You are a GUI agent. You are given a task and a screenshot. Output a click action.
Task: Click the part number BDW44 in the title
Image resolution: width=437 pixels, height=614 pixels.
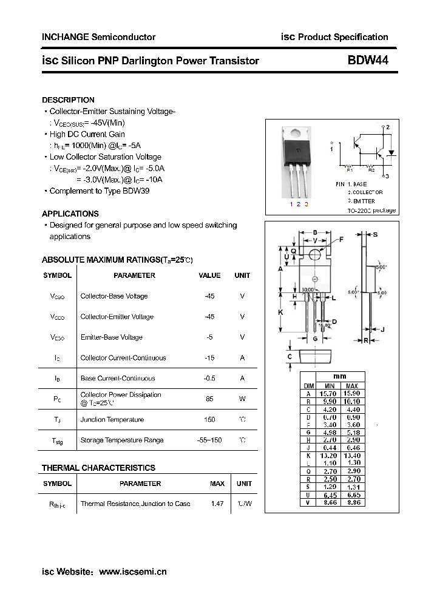[368, 60]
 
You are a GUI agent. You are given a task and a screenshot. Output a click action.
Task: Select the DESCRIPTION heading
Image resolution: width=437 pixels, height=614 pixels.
[68, 100]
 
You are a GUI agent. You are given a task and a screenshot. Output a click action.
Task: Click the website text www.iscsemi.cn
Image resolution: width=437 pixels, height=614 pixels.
[132, 572]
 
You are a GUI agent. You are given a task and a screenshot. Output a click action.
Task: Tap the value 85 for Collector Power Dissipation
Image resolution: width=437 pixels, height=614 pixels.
[209, 399]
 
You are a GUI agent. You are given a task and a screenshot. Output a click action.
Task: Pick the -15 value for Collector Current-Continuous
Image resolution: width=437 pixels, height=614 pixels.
[209, 358]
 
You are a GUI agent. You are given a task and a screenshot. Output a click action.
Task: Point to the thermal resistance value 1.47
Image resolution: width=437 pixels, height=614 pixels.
[217, 504]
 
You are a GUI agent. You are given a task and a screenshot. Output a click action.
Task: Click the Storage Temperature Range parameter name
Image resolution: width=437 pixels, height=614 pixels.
[113, 440]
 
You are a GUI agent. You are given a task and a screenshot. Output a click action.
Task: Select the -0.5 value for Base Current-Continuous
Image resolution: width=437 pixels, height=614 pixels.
[209, 378]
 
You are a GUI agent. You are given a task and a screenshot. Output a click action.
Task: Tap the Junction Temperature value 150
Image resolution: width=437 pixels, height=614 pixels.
[209, 419]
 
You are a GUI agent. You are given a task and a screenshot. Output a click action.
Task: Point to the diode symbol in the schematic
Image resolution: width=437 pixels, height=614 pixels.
[391, 152]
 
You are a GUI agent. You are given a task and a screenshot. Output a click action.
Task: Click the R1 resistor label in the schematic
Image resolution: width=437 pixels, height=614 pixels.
[350, 170]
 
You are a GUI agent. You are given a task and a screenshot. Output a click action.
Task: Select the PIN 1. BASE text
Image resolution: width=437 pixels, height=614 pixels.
[351, 184]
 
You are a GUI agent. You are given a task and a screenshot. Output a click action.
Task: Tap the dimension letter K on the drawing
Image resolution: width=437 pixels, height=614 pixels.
[280, 312]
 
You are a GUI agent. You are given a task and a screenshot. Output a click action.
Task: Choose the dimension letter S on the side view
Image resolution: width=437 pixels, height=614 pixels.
[375, 234]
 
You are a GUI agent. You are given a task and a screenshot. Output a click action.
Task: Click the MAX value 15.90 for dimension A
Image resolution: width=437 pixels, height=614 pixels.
[351, 394]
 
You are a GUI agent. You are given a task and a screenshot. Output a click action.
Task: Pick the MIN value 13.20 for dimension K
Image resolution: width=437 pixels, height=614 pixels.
[330, 456]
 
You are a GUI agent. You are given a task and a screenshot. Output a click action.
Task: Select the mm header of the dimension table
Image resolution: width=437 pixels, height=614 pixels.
[340, 377]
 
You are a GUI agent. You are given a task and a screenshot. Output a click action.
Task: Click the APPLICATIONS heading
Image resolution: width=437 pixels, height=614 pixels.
[70, 214]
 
